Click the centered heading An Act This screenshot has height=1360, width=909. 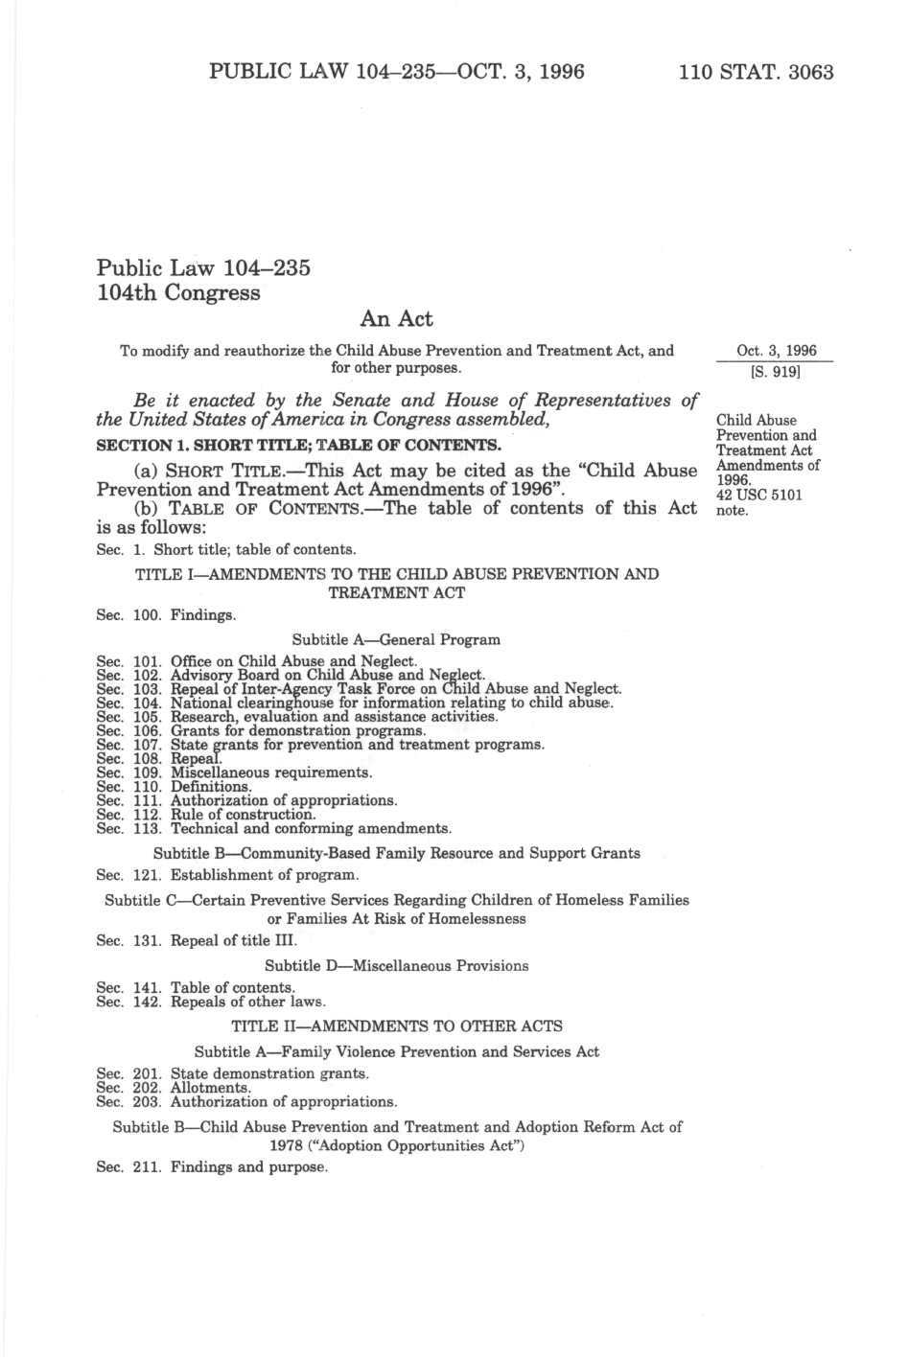[396, 319]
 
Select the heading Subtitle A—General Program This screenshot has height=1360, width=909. [396, 639]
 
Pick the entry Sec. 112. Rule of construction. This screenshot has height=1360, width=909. [206, 814]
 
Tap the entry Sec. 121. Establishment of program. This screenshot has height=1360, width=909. [228, 875]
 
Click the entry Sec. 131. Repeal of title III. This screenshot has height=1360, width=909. [204, 940]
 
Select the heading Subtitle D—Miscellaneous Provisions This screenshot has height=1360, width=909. [396, 965]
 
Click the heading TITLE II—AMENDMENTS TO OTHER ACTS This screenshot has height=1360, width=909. [397, 1026]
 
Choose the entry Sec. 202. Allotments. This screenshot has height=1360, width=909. [175, 1088]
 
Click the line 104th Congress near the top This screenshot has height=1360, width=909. [178, 292]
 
